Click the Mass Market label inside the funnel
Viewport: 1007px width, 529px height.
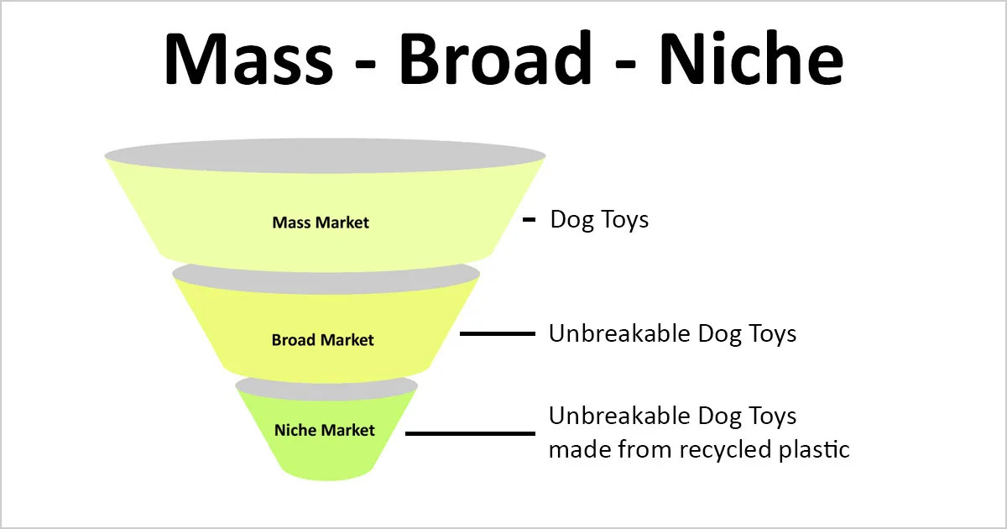[321, 223]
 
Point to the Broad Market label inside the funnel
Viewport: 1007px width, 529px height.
[322, 341]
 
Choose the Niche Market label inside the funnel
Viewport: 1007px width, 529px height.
[325, 431]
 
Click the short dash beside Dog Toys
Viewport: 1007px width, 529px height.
[529, 220]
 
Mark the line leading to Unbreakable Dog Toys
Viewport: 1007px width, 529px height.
[498, 334]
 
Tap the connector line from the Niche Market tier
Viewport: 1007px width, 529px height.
[470, 433]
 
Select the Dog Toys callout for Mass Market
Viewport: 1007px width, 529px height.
[599, 220]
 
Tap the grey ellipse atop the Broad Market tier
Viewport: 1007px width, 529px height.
[326, 275]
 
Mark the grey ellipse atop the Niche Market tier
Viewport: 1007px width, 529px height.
[326, 385]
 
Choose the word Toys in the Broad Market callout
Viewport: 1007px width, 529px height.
[770, 333]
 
